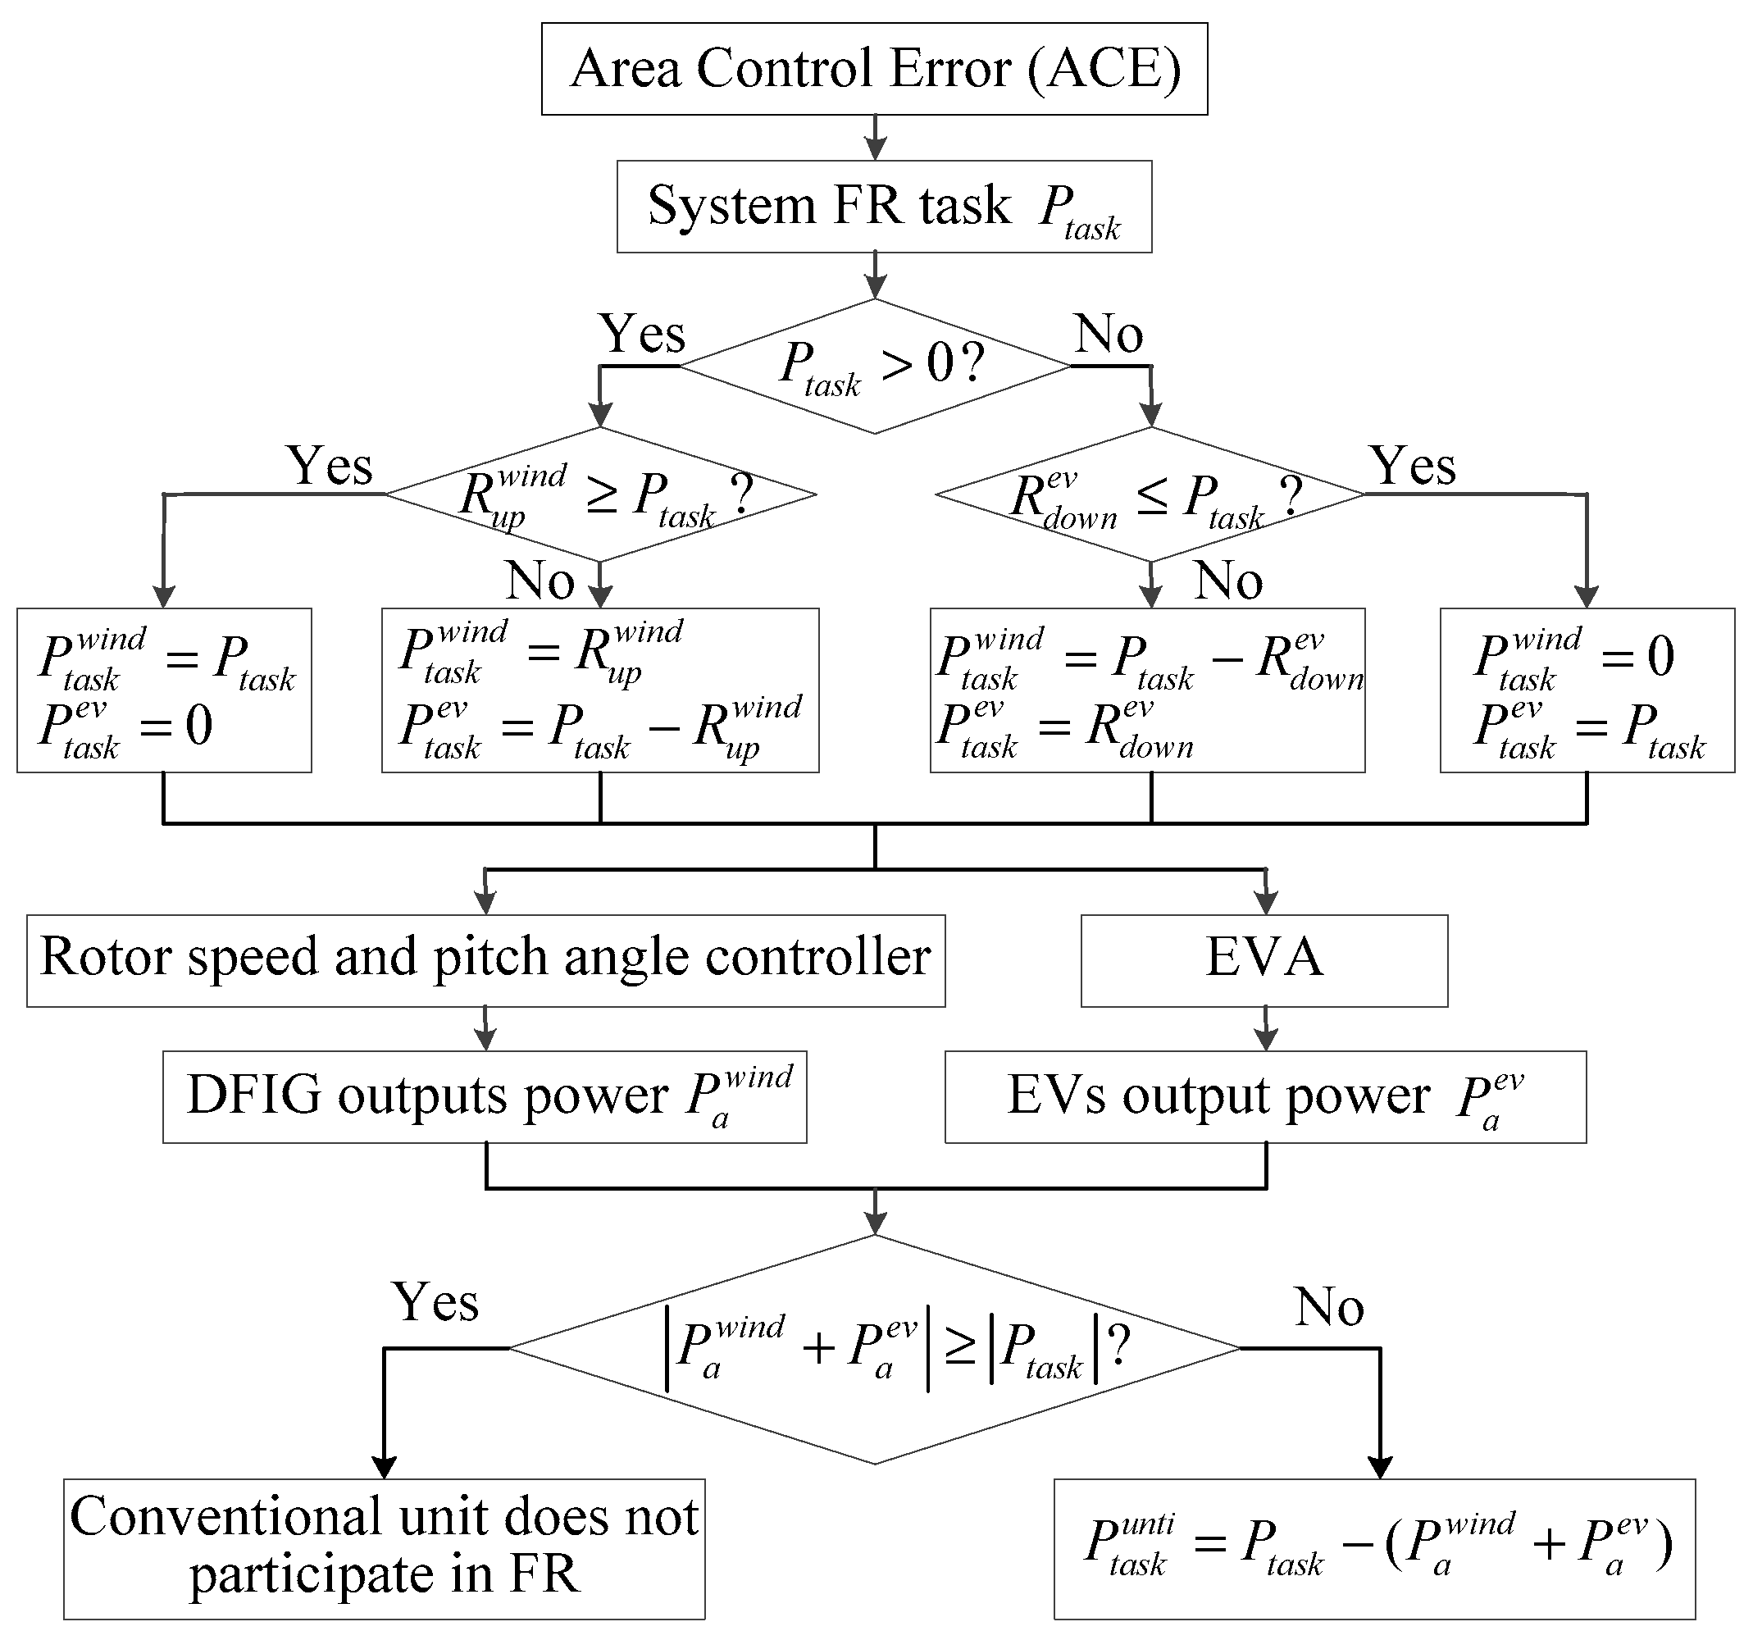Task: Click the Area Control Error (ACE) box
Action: pos(874,69)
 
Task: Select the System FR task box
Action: pos(884,207)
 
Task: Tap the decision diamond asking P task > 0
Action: pos(875,366)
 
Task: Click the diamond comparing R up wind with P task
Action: pos(600,494)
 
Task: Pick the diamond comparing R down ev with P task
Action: pos(1150,494)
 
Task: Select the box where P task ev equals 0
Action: pos(164,690)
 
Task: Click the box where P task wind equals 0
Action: pos(1587,690)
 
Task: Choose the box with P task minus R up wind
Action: pos(599,690)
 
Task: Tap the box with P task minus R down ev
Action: pos(1147,690)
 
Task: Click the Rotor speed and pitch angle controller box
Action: pos(486,960)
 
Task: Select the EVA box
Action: pos(1264,960)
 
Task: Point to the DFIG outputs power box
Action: pos(484,1097)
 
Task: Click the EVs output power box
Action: pos(1265,1097)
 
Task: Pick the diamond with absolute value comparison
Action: pos(875,1349)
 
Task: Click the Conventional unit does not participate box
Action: pos(384,1549)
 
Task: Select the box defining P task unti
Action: pos(1374,1549)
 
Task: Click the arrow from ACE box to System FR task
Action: pos(875,138)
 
